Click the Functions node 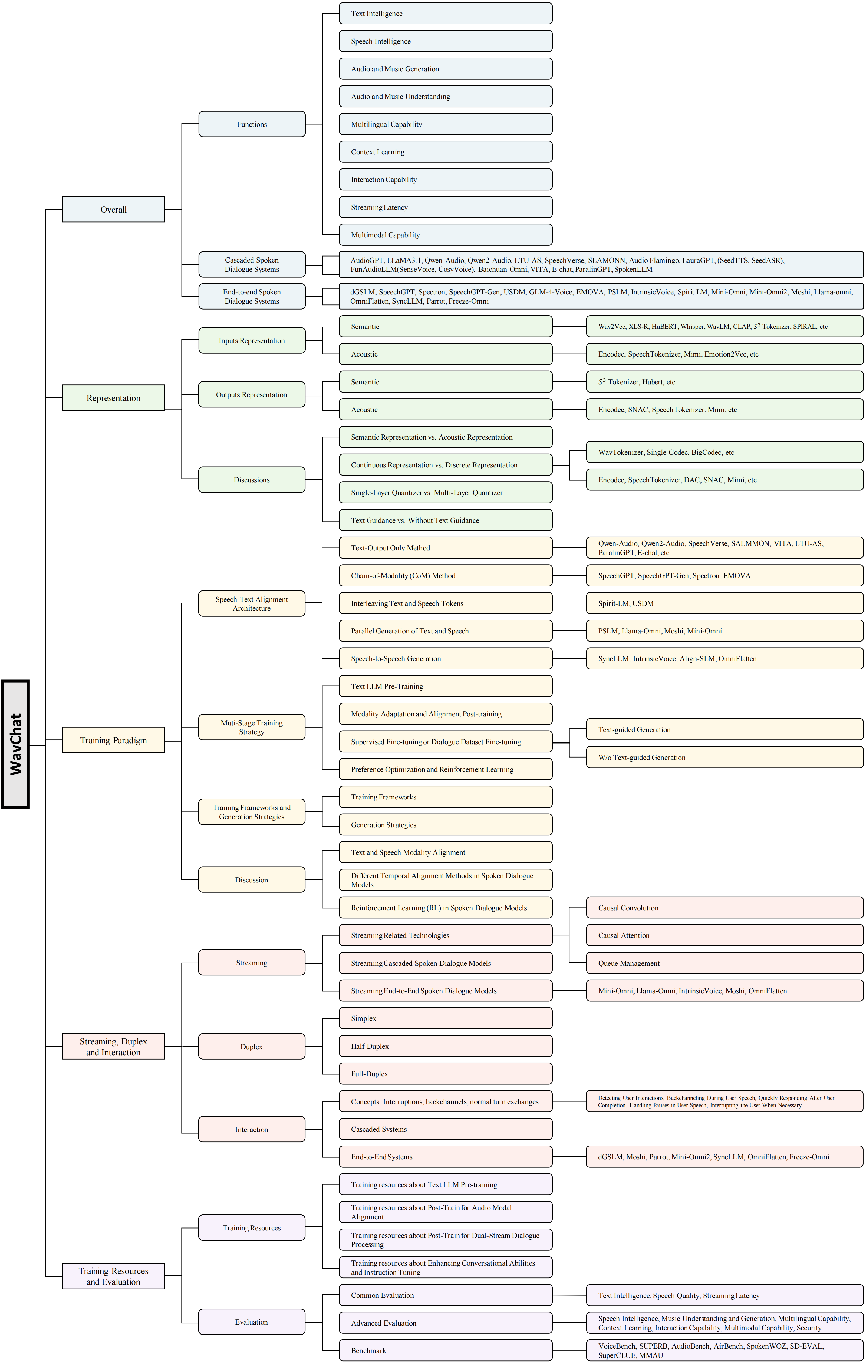252,124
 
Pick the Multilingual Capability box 446,124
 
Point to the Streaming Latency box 446,207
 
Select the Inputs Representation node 252,340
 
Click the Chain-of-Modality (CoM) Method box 446,576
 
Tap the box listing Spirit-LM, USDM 724,603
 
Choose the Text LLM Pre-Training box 446,686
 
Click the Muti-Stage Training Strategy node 252,727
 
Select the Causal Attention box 724,935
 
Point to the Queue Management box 724,963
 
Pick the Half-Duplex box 446,1046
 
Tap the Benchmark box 446,1350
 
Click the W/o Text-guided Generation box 724,757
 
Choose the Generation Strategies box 446,825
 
